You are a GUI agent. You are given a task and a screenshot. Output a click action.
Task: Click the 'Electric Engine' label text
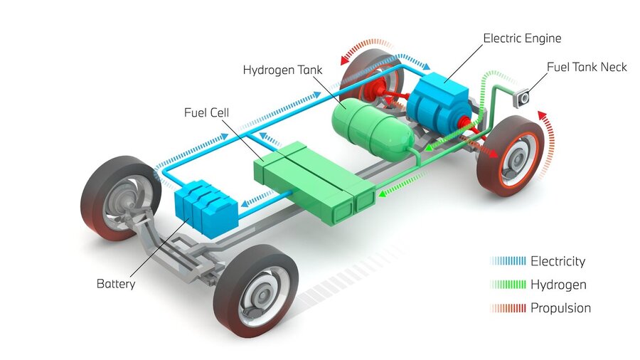click(522, 38)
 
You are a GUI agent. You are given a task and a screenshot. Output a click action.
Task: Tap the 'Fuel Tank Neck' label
click(587, 67)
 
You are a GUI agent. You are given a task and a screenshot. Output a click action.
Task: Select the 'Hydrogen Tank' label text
click(282, 70)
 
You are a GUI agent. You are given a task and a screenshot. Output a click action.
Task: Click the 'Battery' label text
click(115, 284)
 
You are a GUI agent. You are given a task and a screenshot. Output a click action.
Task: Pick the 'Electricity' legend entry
click(558, 261)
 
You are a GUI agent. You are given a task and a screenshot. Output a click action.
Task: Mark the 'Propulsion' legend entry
click(560, 308)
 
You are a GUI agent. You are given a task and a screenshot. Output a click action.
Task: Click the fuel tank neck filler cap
click(525, 97)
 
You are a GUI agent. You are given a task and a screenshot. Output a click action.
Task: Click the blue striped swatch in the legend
click(508, 261)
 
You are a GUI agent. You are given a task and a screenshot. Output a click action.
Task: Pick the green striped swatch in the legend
click(508, 285)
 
